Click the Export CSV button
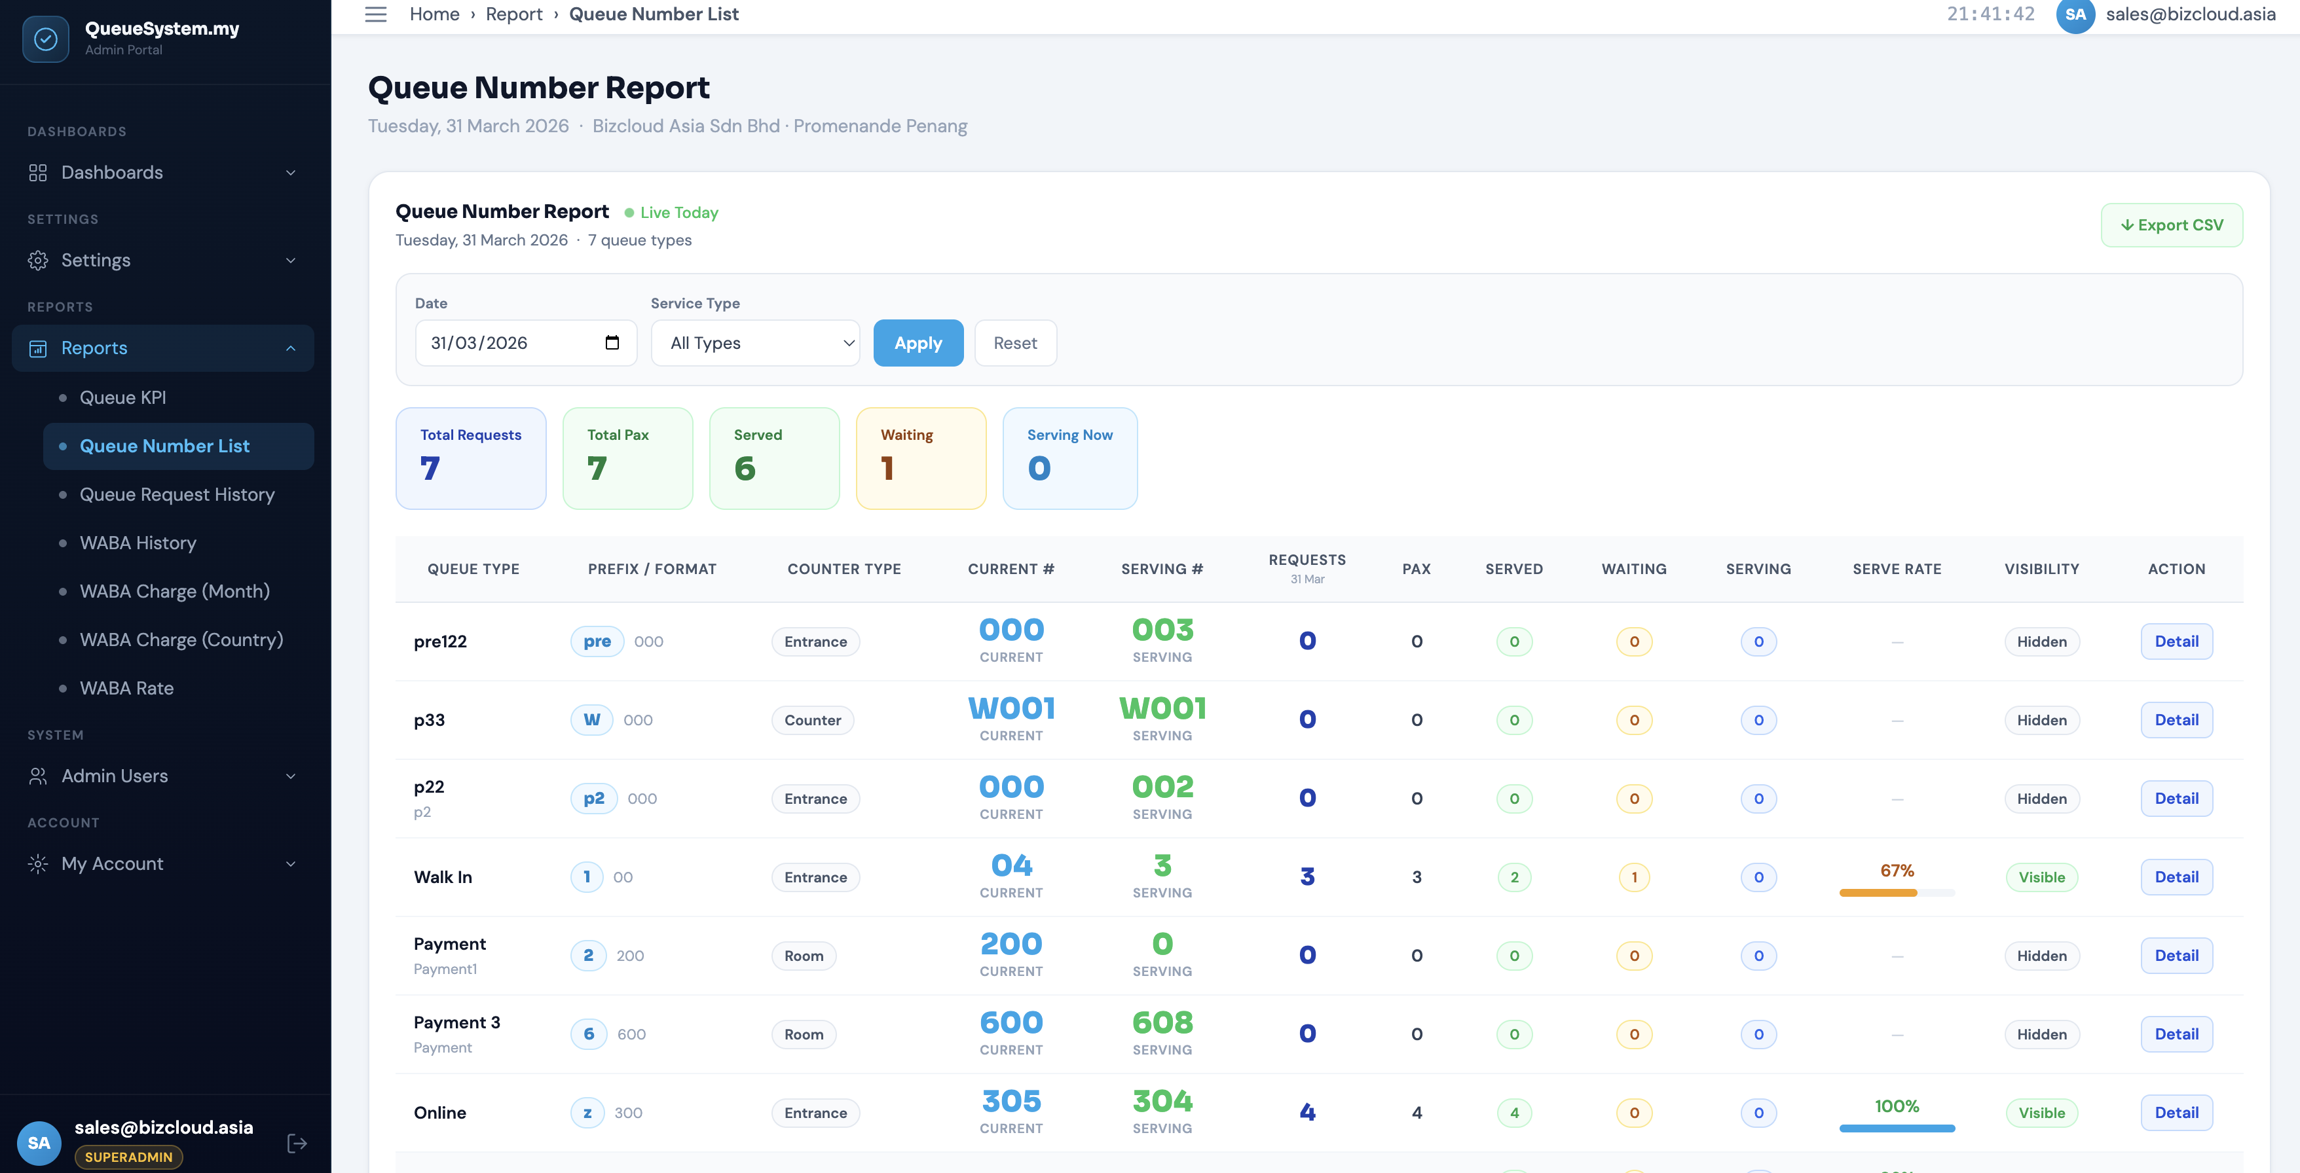[x=2172, y=225]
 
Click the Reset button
[x=1015, y=343]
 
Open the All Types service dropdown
[x=755, y=343]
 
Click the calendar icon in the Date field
[x=612, y=343]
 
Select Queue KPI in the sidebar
[x=122, y=397]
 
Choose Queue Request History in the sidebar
[x=177, y=495]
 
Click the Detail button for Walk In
[x=2176, y=876]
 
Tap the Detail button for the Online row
[x=2176, y=1112]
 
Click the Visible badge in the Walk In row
[x=2041, y=876]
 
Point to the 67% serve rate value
[x=1897, y=871]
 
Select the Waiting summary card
[x=921, y=458]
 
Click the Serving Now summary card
[x=1069, y=458]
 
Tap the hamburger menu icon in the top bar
[x=376, y=14]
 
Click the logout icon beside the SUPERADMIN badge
[x=297, y=1143]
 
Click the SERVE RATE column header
[x=1897, y=569]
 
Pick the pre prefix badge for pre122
[x=597, y=641]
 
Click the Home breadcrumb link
[x=434, y=14]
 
